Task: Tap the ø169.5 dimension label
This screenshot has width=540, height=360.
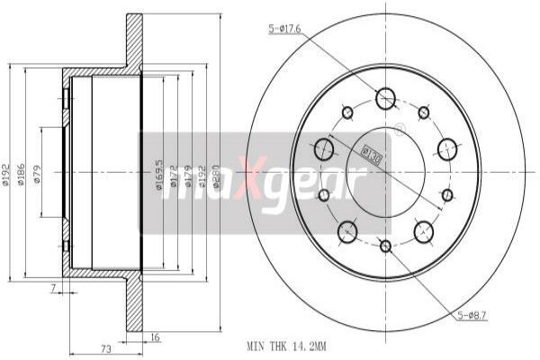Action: coord(158,172)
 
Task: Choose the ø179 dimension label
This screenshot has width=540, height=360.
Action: coord(187,174)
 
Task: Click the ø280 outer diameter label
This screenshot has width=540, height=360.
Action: coord(217,174)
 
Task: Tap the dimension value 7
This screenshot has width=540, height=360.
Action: coord(53,289)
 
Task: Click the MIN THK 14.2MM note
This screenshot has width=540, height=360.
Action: coord(285,345)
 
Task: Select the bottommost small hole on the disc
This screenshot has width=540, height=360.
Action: coord(385,246)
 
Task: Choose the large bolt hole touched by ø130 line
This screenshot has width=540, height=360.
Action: coord(325,148)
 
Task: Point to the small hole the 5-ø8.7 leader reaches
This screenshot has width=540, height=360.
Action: coord(447,194)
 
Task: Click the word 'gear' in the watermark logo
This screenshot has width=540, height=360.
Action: coord(315,181)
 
